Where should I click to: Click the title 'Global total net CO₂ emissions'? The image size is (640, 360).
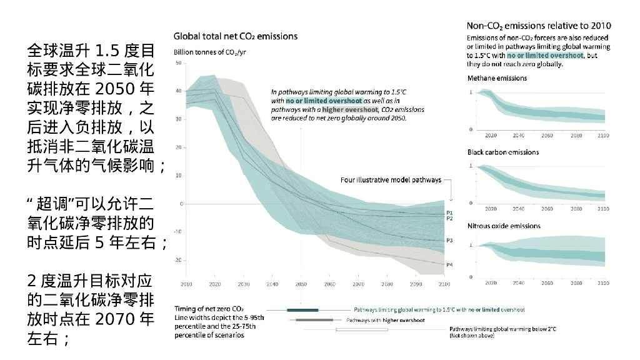pos(235,36)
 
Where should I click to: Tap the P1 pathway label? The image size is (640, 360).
pos(449,213)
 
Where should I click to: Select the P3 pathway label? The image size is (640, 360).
pos(449,241)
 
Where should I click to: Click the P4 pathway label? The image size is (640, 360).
pos(449,265)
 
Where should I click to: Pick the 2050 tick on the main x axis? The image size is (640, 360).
pos(301,284)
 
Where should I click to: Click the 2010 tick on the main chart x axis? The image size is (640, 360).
pos(186,284)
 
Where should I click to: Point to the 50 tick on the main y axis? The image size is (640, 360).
pos(179,63)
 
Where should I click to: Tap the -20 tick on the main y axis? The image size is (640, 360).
pos(178,260)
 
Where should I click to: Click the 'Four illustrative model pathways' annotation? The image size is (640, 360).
pos(391,180)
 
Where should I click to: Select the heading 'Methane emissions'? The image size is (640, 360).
pos(497,78)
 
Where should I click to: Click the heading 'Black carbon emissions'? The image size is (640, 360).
pos(503,152)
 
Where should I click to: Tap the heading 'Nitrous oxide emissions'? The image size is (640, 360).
pos(504,226)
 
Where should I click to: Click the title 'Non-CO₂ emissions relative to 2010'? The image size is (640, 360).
pos(539,26)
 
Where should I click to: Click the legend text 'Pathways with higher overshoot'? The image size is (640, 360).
pos(386,321)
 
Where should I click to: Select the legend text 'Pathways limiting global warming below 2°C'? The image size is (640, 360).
pos(502,329)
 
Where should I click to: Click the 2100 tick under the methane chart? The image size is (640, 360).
pos(602,136)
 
